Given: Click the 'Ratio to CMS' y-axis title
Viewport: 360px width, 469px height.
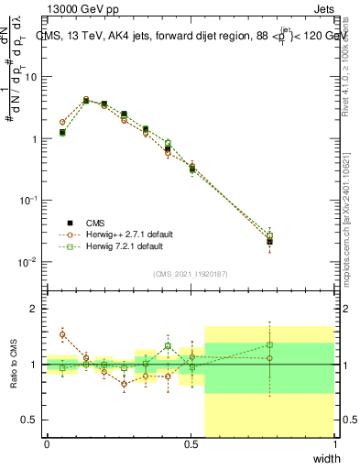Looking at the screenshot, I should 12,364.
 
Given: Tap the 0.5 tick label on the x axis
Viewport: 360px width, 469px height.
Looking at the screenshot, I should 191,443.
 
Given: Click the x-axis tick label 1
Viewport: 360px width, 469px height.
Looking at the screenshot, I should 335,443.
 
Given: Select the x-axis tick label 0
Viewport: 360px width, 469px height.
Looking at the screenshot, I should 48,443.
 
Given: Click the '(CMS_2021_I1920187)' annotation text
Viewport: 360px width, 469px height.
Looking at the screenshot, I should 191,274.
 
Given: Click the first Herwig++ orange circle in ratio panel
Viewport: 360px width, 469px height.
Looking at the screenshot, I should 62,334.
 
